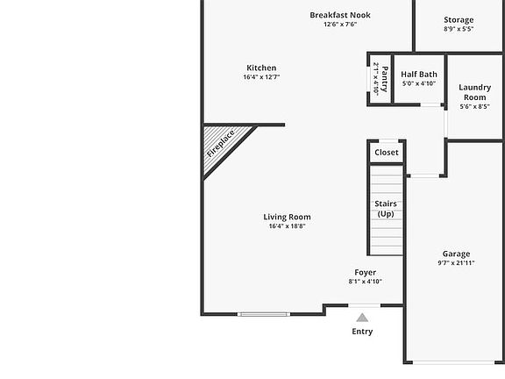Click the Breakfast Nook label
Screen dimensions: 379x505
tap(339, 15)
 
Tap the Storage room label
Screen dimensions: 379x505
tap(459, 19)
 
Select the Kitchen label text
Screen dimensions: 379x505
tap(261, 68)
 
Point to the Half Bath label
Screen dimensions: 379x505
tap(419, 75)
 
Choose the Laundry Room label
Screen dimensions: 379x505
tap(474, 92)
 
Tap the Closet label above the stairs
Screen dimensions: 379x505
tap(387, 153)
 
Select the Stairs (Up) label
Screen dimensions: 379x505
tap(386, 209)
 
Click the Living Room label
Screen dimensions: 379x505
tap(287, 217)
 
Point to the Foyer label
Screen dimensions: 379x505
tap(366, 272)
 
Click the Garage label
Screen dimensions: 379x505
tap(456, 254)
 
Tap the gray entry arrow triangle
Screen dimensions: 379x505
tap(362, 318)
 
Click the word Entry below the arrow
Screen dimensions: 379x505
tap(362, 332)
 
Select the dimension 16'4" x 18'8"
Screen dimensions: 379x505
tap(287, 226)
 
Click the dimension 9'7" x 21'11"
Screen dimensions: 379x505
tap(456, 263)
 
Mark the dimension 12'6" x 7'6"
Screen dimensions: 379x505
tap(339, 25)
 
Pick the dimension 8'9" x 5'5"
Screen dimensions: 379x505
tap(459, 29)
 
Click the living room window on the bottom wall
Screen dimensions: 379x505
tap(266, 313)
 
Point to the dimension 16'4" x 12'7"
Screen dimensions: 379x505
tap(261, 77)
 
